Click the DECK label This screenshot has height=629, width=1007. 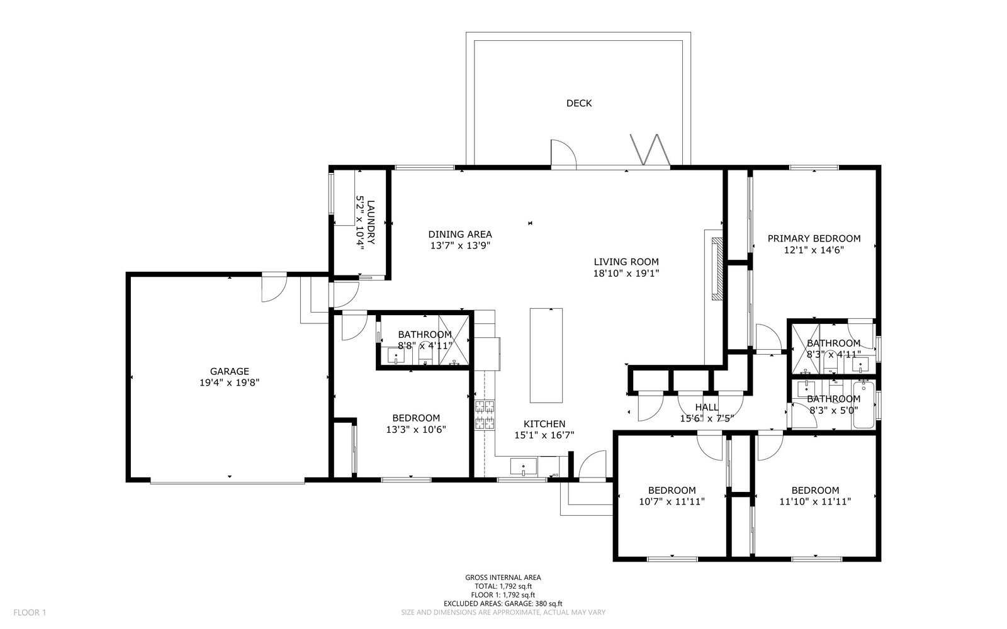tap(579, 103)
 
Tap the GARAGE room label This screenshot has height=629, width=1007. tap(230, 372)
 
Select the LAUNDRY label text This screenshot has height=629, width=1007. tap(371, 223)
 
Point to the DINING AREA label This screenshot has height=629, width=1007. tap(460, 234)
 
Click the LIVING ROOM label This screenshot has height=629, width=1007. tap(626, 262)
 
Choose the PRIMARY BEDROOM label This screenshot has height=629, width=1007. tap(814, 238)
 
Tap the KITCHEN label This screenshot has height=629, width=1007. tap(544, 424)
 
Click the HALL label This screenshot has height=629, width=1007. tap(707, 407)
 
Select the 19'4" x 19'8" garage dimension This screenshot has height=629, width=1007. tap(230, 383)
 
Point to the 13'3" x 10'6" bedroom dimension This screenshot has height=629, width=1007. tap(416, 430)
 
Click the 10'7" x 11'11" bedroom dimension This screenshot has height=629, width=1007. tap(672, 501)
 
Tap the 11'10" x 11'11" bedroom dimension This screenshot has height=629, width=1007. tap(815, 501)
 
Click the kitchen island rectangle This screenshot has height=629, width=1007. tap(546, 355)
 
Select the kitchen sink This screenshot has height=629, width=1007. tap(524, 467)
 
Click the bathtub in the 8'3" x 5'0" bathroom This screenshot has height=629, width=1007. tap(864, 404)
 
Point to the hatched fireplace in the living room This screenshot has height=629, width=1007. tap(717, 269)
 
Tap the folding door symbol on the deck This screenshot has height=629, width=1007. tap(651, 150)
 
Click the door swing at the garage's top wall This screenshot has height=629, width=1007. tap(274, 287)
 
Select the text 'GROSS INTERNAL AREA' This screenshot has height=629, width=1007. tap(503, 578)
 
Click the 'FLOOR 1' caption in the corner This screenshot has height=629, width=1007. tap(30, 613)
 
